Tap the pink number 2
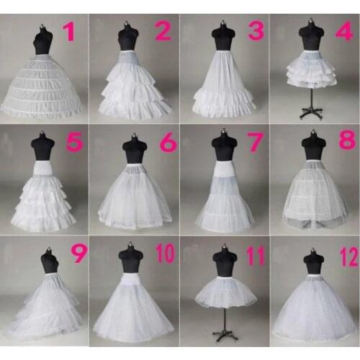162,30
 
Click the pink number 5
73,143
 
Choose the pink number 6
167,143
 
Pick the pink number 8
346,138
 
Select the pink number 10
164,253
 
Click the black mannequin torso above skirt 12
313,263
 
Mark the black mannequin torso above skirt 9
49,261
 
